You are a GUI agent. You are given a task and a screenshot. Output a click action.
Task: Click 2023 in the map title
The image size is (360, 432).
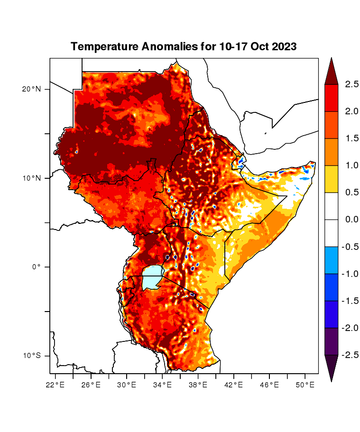(x=283, y=46)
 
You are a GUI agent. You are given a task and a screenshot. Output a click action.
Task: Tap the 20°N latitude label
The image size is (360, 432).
(x=32, y=89)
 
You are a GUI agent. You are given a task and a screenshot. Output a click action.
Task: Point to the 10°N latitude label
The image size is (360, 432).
(x=32, y=178)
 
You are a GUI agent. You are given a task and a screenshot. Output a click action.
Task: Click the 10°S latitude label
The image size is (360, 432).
(x=32, y=356)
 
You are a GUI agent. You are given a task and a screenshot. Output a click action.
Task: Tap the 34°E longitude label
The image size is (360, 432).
(x=162, y=385)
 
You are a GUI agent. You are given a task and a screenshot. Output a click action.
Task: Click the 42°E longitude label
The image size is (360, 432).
(x=233, y=385)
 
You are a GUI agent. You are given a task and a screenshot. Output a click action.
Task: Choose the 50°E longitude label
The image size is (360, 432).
(x=305, y=385)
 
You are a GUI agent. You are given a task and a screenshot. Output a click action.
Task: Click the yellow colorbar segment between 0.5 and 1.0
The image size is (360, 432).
(x=331, y=179)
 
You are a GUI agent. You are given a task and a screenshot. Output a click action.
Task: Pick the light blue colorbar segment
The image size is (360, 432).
(x=331, y=260)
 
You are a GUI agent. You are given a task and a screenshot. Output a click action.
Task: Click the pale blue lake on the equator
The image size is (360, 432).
(x=152, y=277)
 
